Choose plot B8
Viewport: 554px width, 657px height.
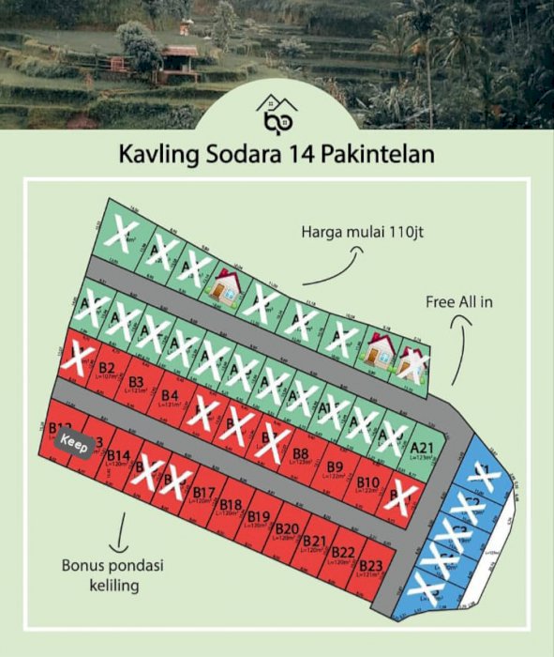[x=301, y=454]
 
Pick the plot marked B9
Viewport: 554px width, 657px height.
[x=335, y=468]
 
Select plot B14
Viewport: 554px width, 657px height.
[x=117, y=458]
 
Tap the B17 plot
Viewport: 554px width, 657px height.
[x=204, y=494]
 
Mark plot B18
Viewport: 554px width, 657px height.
[x=232, y=507]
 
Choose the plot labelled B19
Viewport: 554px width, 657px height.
[x=260, y=519]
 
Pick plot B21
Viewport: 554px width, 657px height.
[x=315, y=542]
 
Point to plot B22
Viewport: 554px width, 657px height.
[x=343, y=554]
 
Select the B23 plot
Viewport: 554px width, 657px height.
[x=371, y=566]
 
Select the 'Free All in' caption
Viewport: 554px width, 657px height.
[x=459, y=301]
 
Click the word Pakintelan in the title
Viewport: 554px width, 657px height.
[x=380, y=153]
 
